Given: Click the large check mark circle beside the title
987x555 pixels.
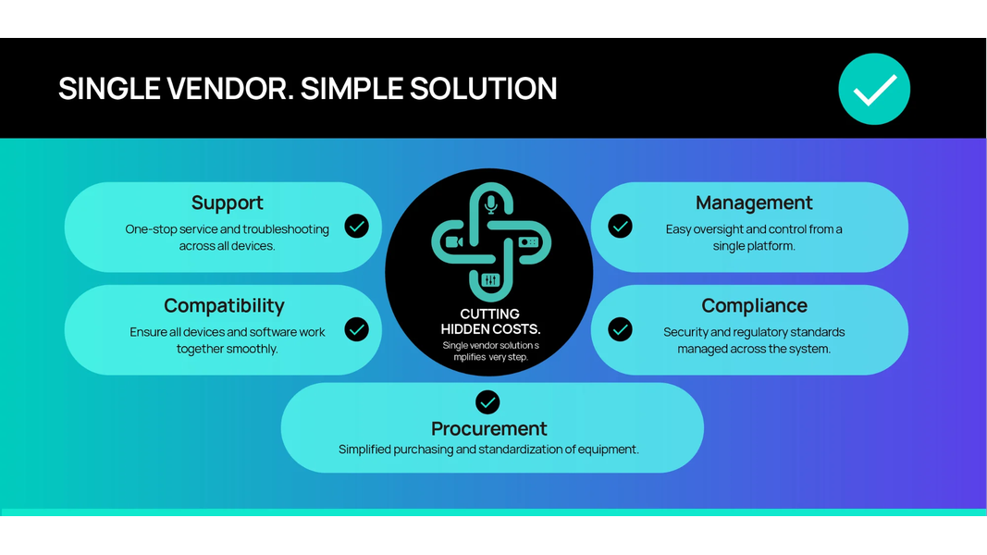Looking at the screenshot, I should (874, 89).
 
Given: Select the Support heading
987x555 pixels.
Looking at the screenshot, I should (227, 203).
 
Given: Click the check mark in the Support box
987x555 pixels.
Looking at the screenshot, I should (356, 226).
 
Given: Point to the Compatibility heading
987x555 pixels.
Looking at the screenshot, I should (224, 305).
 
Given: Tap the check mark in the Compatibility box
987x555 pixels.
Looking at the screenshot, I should (356, 329).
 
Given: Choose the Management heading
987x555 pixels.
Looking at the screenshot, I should (754, 203).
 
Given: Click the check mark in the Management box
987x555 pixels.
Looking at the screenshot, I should (620, 226).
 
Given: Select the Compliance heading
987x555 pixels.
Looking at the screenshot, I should (754, 305).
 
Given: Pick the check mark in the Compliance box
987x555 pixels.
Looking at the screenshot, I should (620, 329).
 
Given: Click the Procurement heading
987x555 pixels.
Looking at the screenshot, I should (488, 428).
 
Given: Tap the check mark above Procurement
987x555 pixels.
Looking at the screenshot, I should (487, 401).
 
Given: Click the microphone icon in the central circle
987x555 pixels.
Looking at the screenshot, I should (491, 203).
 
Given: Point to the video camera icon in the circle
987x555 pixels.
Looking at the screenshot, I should (453, 242).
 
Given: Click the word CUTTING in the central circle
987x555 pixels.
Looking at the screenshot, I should (490, 314).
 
